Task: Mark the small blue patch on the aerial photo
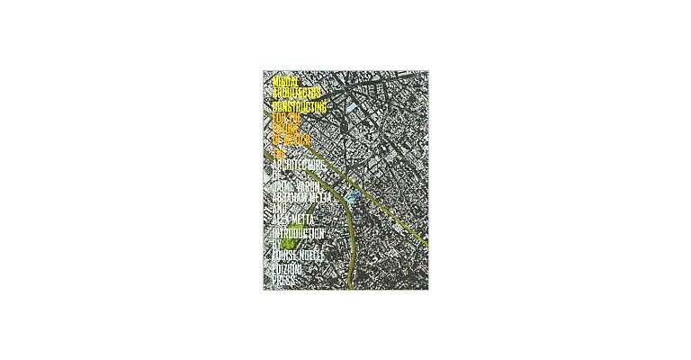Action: point(353,194)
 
